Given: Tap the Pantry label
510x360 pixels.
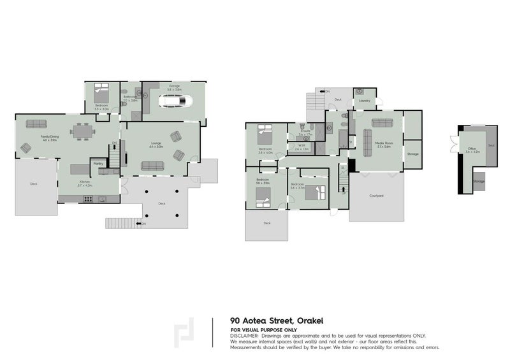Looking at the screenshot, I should pyautogui.click(x=98, y=164).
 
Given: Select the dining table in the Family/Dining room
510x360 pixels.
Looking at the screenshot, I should pyautogui.click(x=82, y=133).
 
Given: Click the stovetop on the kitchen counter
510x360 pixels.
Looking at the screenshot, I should pyautogui.click(x=88, y=199).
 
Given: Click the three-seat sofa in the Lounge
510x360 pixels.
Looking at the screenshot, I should pyautogui.click(x=153, y=166).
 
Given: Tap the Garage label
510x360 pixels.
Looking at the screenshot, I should pyautogui.click(x=173, y=85).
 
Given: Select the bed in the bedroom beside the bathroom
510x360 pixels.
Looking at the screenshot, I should pyautogui.click(x=101, y=90).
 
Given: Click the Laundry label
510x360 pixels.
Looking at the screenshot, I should pyautogui.click(x=365, y=101).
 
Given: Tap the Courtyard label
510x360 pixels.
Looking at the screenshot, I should pyautogui.click(x=376, y=196).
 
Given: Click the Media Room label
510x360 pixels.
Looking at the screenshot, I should pyautogui.click(x=384, y=143).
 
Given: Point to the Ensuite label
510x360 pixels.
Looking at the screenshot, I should pyautogui.click(x=305, y=131).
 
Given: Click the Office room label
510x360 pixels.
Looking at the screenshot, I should pyautogui.click(x=471, y=148).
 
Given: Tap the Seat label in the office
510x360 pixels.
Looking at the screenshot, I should pyautogui.click(x=491, y=146).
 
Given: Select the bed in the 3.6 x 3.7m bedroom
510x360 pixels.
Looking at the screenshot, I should pyautogui.click(x=316, y=193).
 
